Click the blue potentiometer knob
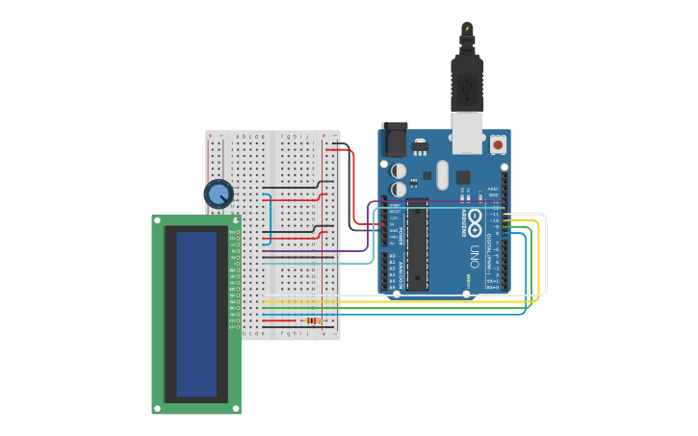pyautogui.click(x=219, y=193)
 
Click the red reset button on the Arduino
pyautogui.click(x=498, y=144)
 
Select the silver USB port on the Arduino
pyautogui.click(x=469, y=135)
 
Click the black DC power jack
pyautogui.click(x=395, y=141)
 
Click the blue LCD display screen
pyautogui.click(x=196, y=314)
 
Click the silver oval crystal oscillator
pyautogui.click(x=442, y=174)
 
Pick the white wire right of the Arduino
pyautogui.click(x=545, y=255)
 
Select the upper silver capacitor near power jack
pyautogui.click(x=399, y=170)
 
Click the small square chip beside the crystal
pyautogui.click(x=463, y=177)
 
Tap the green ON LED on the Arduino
pyautogui.click(x=469, y=280)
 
